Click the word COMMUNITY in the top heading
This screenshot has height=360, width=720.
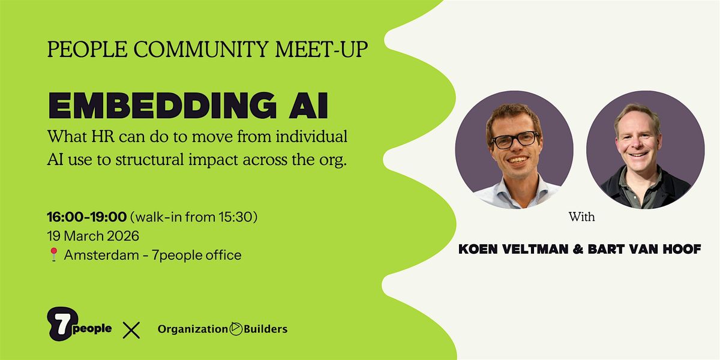click(200, 49)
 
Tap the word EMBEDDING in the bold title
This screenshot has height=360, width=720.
click(163, 106)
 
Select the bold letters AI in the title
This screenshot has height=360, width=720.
click(308, 106)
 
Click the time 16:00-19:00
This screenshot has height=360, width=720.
click(87, 217)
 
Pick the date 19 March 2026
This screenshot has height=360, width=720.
click(93, 236)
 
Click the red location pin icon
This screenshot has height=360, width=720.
click(53, 254)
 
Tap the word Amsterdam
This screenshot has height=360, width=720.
click(101, 255)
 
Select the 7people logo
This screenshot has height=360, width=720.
click(79, 323)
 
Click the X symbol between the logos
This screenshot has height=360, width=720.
click(131, 330)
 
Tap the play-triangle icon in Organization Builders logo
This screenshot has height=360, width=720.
click(236, 329)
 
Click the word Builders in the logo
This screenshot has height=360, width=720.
click(265, 329)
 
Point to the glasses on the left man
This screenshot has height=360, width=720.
click(515, 140)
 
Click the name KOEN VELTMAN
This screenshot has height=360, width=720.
click(514, 249)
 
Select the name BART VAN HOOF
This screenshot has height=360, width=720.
click(644, 249)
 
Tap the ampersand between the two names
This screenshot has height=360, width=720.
click(578, 249)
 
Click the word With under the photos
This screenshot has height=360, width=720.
click(581, 217)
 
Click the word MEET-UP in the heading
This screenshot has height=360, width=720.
click(322, 49)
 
